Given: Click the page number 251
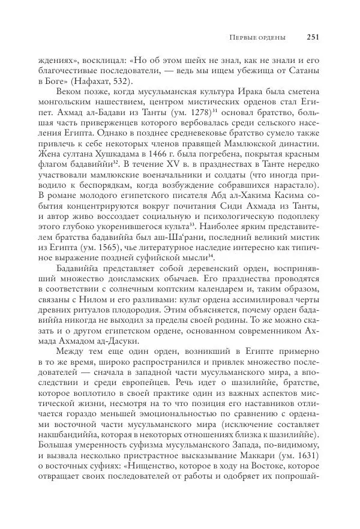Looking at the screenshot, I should (311, 37).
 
